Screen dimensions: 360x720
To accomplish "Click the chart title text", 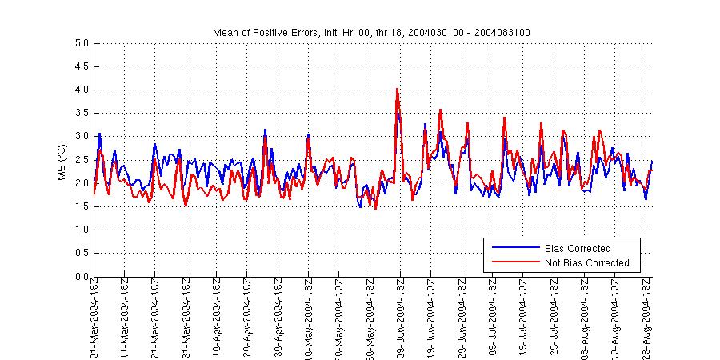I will click(x=371, y=32).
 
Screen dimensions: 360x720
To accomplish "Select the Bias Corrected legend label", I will click(x=578, y=248).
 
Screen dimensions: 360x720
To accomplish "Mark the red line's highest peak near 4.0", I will click(x=397, y=89).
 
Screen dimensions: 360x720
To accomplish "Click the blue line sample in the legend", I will click(x=514, y=248).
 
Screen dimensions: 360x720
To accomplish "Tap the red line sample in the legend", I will click(x=514, y=262).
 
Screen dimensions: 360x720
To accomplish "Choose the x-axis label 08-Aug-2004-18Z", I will click(x=585, y=320).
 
